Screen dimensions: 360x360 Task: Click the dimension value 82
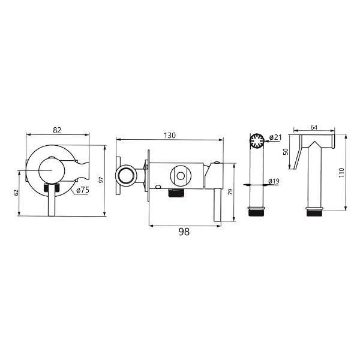(x=57, y=130)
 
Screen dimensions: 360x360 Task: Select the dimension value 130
(x=170, y=136)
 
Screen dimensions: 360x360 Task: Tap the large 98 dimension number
(x=184, y=232)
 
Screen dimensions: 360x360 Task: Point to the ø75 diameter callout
(x=83, y=190)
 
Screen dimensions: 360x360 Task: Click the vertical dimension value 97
(x=101, y=180)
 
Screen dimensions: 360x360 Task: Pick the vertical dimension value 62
(x=16, y=193)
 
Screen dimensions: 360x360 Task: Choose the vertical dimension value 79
(x=230, y=192)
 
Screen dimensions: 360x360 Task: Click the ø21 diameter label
(x=275, y=137)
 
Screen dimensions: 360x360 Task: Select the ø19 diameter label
(x=274, y=181)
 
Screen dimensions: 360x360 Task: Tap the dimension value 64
(x=314, y=127)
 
